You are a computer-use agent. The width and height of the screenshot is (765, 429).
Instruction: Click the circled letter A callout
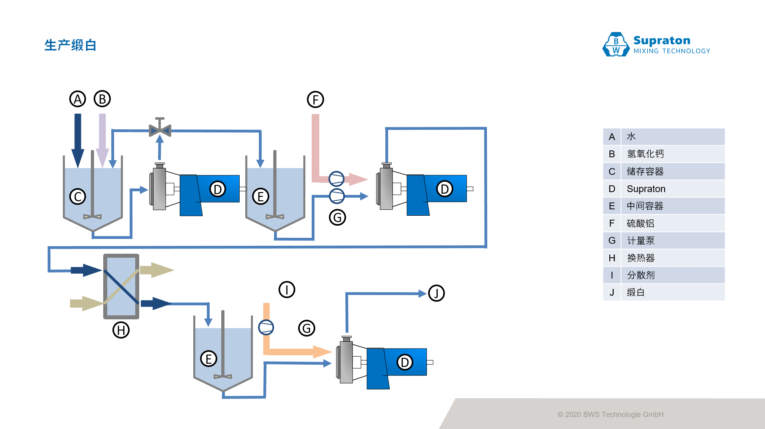pos(78,99)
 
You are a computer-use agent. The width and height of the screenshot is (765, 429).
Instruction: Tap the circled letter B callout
pos(102,99)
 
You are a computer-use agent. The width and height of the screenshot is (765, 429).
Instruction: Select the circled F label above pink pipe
pos(315,100)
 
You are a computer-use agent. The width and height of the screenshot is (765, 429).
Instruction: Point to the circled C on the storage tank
pos(78,196)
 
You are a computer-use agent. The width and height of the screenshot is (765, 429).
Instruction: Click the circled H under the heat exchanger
pos(121,330)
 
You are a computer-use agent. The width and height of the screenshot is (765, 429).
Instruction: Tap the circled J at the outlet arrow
pos(436,293)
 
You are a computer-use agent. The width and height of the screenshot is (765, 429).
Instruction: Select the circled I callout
pos(286,289)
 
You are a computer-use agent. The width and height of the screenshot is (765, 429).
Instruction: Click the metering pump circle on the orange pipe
pos(266,327)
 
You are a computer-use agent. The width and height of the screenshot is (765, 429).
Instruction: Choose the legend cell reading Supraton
pos(646,189)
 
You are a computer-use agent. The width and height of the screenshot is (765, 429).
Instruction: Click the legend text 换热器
pos(641,258)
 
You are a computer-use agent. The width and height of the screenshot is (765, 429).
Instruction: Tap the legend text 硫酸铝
pos(640,223)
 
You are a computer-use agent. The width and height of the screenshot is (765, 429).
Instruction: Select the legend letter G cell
pos(612,241)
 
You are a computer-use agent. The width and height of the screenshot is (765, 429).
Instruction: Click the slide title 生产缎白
pos(70,45)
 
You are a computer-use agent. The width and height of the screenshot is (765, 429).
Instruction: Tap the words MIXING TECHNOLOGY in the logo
pos(672,51)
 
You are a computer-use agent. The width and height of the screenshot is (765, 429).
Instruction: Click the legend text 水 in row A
pos(631,137)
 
